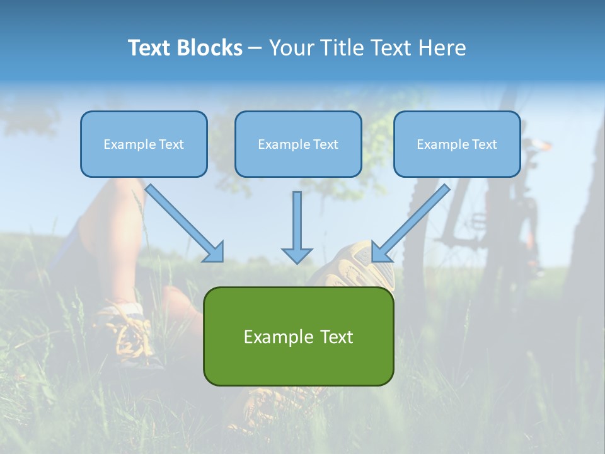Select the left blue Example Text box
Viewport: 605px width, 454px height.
pyautogui.click(x=144, y=144)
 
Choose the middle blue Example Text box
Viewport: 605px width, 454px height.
pyautogui.click(x=298, y=144)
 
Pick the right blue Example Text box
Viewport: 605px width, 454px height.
pyautogui.click(x=457, y=144)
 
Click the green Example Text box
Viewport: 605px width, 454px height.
pyautogui.click(x=298, y=336)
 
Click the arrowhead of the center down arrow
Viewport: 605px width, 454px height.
pyautogui.click(x=297, y=254)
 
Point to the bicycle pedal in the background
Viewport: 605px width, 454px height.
pyautogui.click(x=476, y=221)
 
